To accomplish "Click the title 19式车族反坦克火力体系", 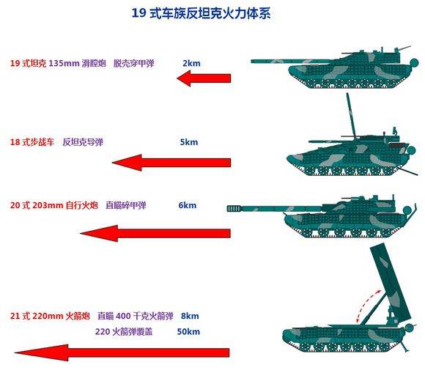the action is pyautogui.click(x=201, y=13).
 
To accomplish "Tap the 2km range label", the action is pyautogui.click(x=191, y=63).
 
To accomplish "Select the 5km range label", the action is pyautogui.click(x=189, y=142).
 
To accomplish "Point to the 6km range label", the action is pyautogui.click(x=188, y=205).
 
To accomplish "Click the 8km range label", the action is pyautogui.click(x=190, y=316).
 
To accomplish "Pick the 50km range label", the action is pyautogui.click(x=188, y=331).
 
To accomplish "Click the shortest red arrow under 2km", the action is pyautogui.click(x=204, y=78).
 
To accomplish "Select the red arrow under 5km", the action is pyautogui.click(x=171, y=163).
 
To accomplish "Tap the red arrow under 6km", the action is pyautogui.click(x=155, y=233).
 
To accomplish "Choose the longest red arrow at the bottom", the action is pyautogui.click(x=122, y=352).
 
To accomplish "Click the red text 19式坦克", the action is pyautogui.click(x=28, y=64).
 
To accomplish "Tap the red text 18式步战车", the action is pyautogui.click(x=32, y=142).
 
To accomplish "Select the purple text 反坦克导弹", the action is pyautogui.click(x=83, y=142).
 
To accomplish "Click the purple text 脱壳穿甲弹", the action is pyautogui.click(x=134, y=64).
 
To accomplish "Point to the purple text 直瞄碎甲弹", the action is pyautogui.click(x=126, y=205).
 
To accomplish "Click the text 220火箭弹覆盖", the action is pyautogui.click(x=124, y=331).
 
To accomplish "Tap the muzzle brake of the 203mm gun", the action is pyautogui.click(x=234, y=208).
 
